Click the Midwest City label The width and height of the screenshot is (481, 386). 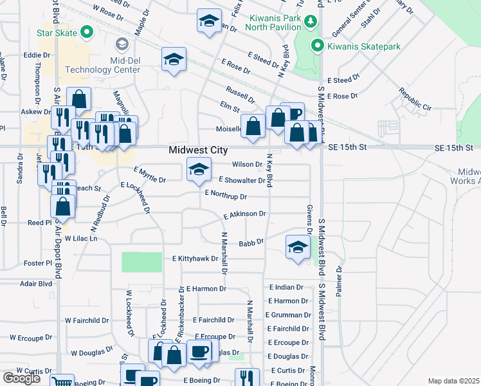point(198,150)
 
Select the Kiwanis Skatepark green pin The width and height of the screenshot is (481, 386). point(316,46)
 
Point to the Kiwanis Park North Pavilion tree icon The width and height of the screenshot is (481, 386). point(311,22)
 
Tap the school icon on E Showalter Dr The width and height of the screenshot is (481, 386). point(199,170)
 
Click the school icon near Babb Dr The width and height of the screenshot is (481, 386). point(298,249)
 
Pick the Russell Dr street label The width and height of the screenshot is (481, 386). point(239,95)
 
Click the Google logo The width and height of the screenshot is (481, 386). point(22,378)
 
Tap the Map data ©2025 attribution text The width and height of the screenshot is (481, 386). point(453,381)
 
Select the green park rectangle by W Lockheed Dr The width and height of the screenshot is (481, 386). point(141,262)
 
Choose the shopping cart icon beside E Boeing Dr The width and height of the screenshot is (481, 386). point(62,381)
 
